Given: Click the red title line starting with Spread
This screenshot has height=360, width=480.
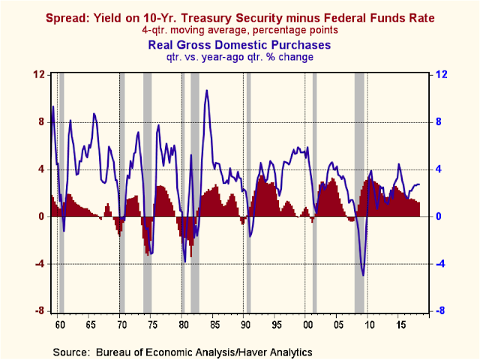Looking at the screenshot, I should (240, 16).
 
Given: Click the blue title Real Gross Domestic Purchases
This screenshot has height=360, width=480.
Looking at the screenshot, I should (240, 43).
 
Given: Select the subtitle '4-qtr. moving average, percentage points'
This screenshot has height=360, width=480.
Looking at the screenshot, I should (240, 30).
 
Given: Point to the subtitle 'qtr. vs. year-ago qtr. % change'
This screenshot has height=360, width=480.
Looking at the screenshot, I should (240, 56).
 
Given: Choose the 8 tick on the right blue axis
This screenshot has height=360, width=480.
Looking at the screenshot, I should (442, 121).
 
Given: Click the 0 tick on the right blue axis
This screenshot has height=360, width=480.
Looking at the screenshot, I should (442, 217).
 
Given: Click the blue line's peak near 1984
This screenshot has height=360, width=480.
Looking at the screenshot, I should (206, 91).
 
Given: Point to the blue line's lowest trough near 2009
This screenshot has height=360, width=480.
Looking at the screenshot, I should (364, 274).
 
